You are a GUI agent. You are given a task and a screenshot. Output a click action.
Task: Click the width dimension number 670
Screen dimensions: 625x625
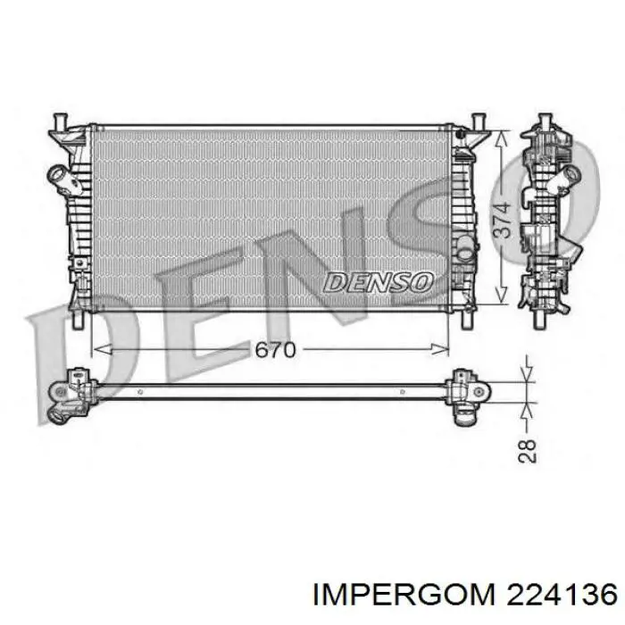click(x=275, y=350)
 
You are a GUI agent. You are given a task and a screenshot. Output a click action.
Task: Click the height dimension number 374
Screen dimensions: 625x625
click(x=502, y=221)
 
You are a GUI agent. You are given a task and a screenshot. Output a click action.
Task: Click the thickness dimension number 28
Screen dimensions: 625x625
click(x=527, y=451)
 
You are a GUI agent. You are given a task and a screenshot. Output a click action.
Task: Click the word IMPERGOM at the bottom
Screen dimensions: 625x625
click(x=404, y=596)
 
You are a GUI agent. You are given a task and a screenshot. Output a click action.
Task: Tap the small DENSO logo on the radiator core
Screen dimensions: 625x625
click(x=378, y=283)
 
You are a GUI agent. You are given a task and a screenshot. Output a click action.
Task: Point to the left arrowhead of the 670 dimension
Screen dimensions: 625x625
click(x=102, y=350)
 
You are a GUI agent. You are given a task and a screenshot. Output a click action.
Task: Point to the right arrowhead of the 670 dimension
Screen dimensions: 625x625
click(x=439, y=350)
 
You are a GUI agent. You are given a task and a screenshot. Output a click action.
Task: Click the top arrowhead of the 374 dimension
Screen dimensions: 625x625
click(x=502, y=138)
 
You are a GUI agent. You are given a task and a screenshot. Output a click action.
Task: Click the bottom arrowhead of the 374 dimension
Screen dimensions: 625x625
click(x=502, y=296)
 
